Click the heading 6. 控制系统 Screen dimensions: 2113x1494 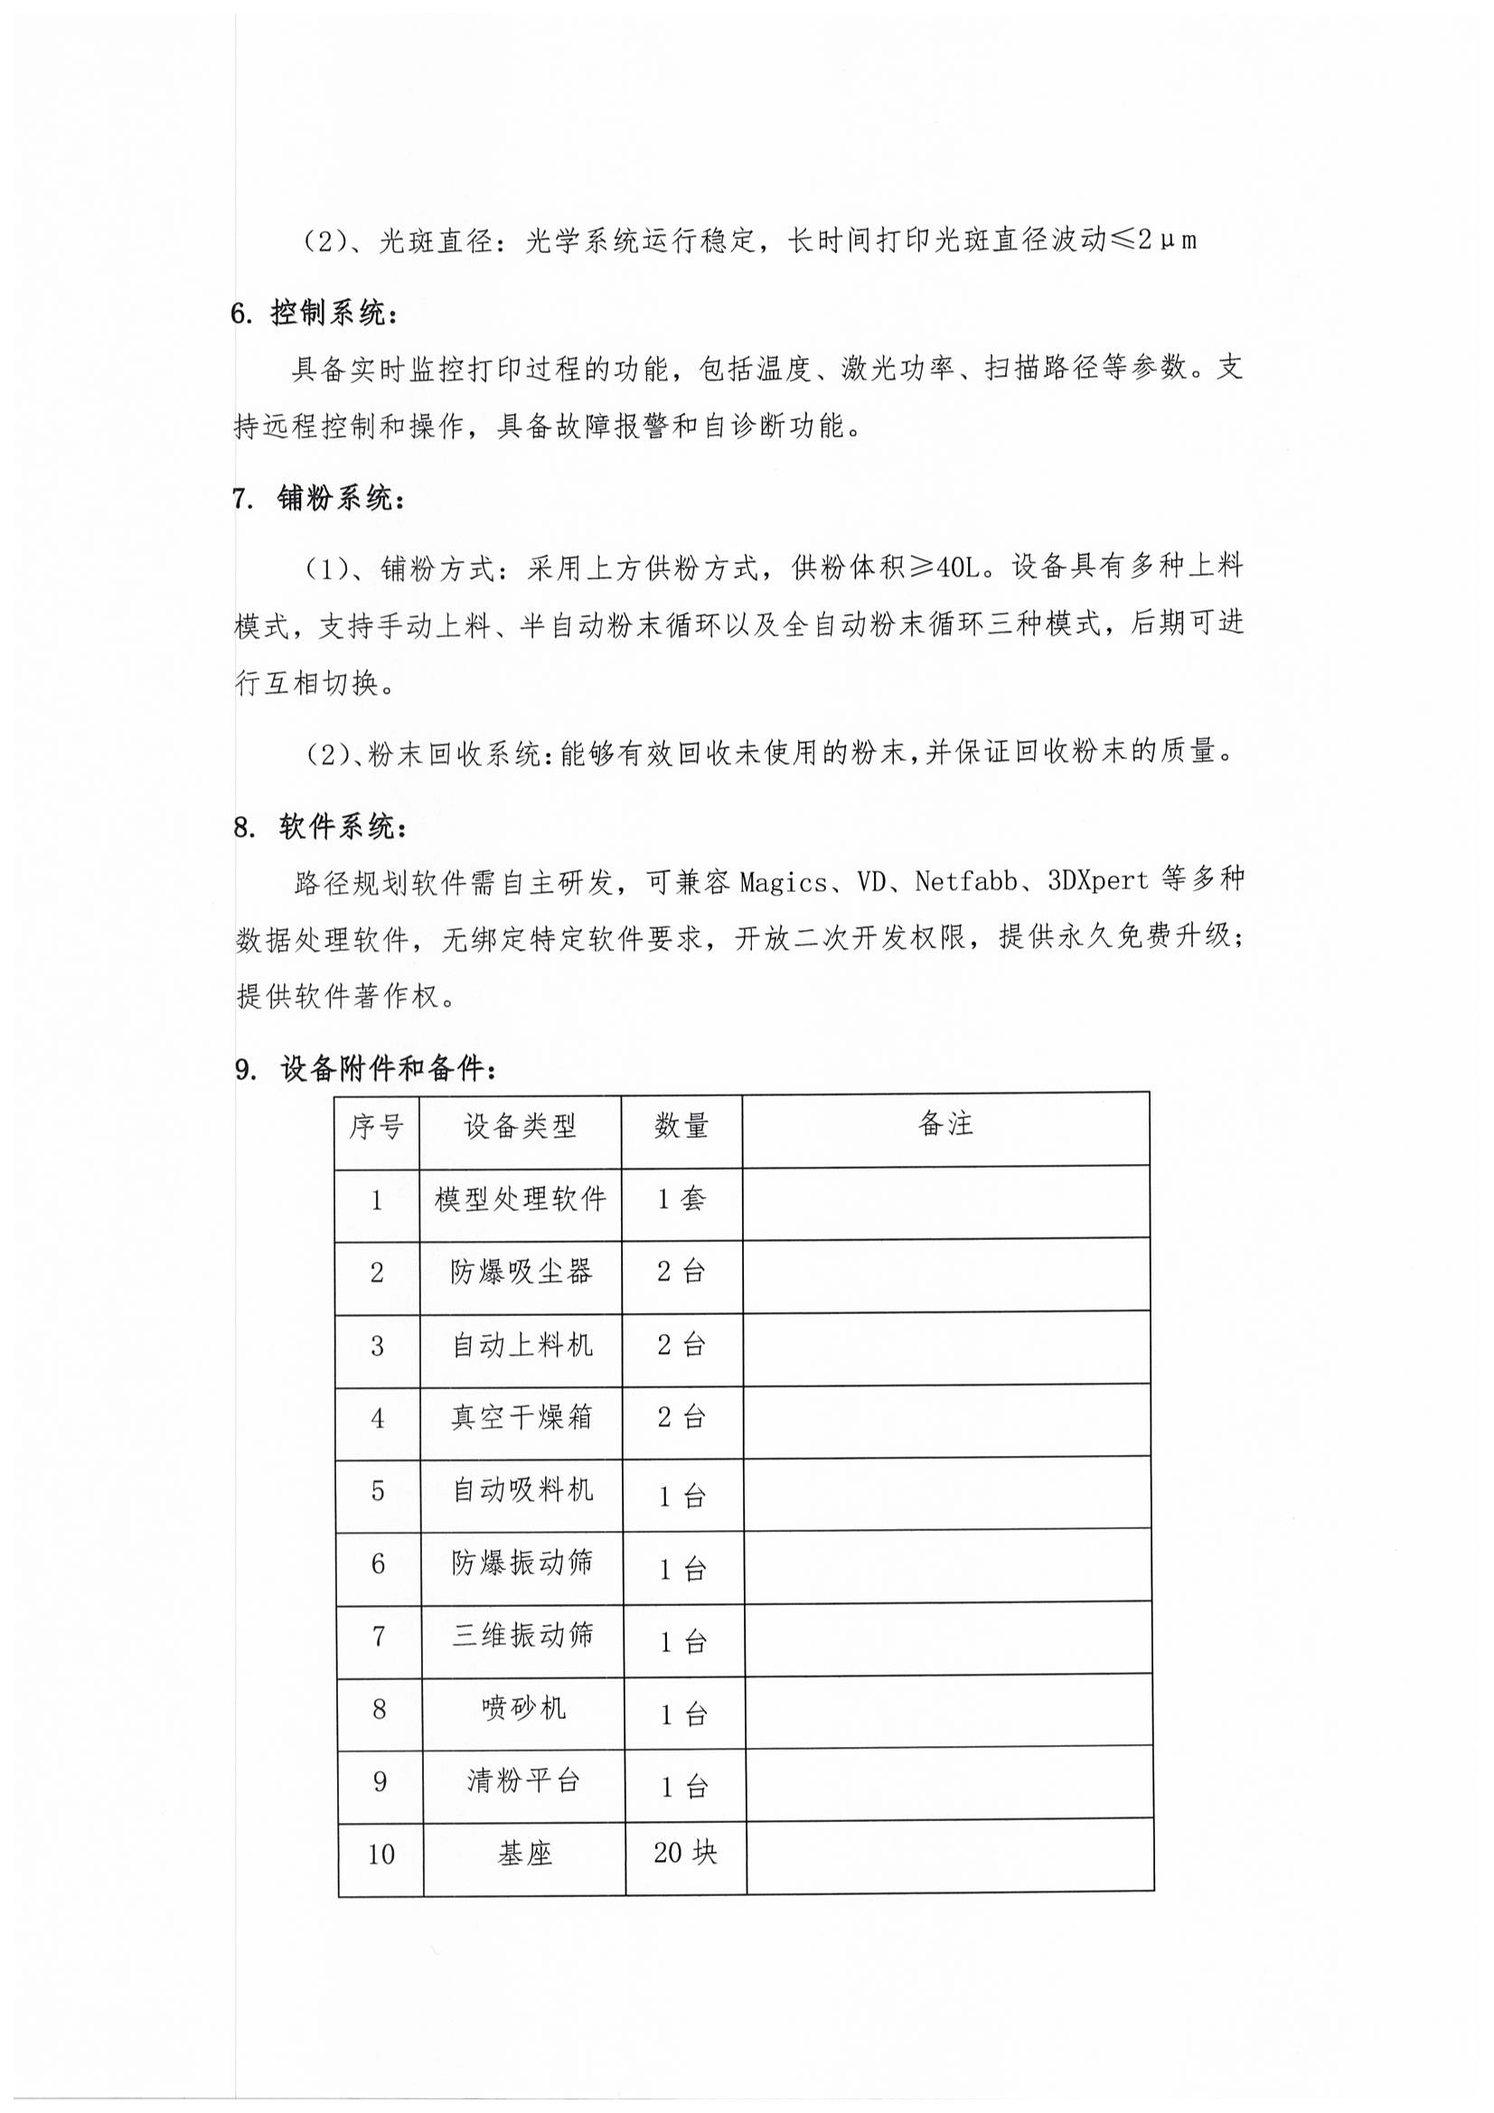point(315,314)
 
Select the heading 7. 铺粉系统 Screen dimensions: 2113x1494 point(318,499)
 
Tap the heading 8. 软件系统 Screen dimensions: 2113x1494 point(319,827)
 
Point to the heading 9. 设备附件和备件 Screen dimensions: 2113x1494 point(367,1068)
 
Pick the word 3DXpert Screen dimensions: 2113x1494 point(1098,881)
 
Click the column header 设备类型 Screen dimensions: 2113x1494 point(520,1125)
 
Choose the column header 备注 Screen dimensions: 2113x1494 point(945,1123)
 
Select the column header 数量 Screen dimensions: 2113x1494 point(681,1125)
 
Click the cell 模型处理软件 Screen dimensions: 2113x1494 point(520,1199)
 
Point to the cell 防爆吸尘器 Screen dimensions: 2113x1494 point(521,1272)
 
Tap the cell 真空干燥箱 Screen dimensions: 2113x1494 point(521,1417)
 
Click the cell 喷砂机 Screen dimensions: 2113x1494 point(522,1709)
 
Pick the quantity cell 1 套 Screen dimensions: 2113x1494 point(681,1199)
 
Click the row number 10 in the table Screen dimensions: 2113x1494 point(381,1855)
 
